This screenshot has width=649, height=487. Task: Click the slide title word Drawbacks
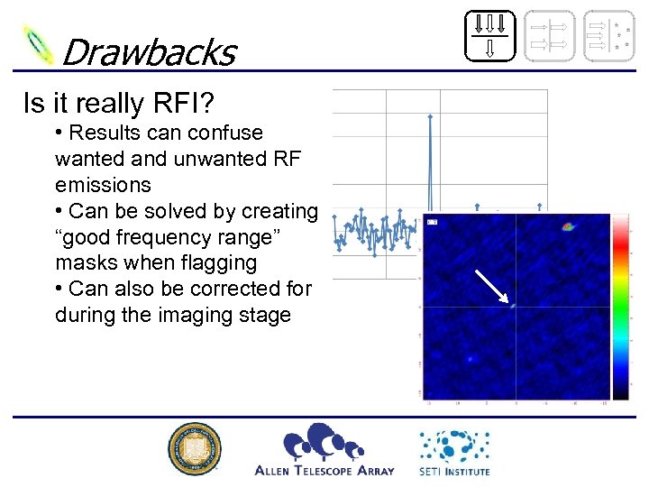[148, 52]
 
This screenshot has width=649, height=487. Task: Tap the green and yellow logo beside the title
[39, 44]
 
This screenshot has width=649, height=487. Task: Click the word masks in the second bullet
[82, 262]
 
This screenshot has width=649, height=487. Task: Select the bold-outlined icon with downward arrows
[490, 35]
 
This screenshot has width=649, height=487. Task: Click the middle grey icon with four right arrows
[549, 35]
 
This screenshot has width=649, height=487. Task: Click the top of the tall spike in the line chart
[431, 116]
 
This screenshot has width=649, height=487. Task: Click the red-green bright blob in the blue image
[567, 226]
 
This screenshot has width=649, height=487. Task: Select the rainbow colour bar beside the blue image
[621, 307]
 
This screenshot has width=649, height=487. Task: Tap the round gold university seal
[195, 448]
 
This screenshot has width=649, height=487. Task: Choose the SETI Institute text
[454, 471]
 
